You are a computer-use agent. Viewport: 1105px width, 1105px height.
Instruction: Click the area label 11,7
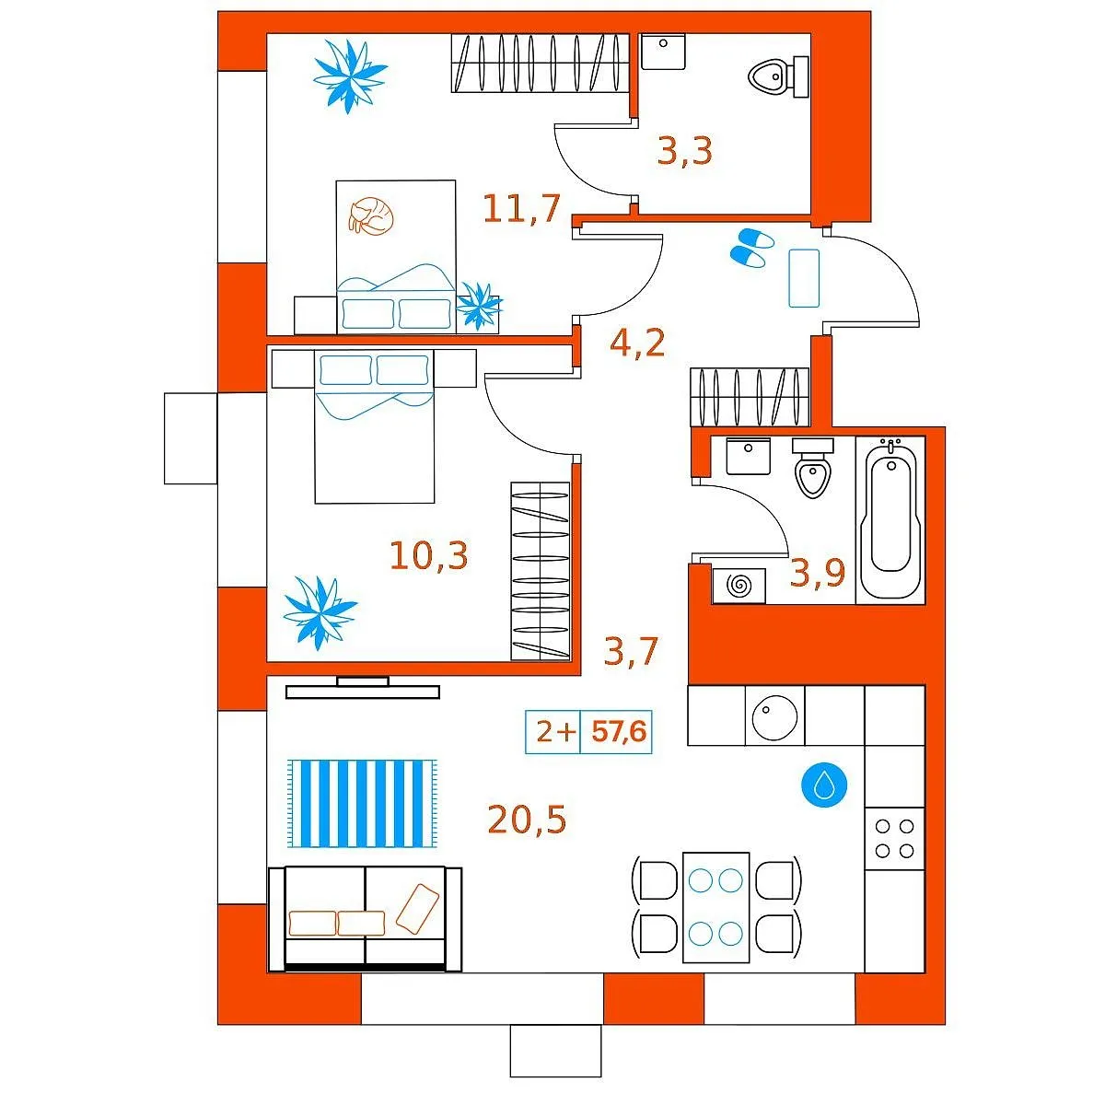point(521,209)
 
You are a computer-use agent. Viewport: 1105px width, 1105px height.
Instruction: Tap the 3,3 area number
point(684,151)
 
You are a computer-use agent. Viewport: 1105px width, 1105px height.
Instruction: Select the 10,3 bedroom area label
point(428,555)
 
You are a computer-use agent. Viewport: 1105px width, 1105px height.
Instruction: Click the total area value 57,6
point(619,731)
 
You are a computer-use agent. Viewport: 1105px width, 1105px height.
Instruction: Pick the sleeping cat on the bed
point(372,215)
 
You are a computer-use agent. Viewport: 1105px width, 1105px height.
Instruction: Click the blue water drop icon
point(824,784)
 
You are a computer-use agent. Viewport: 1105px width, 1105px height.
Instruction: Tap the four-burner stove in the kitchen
point(894,838)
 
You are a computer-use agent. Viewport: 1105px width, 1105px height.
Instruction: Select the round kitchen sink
point(774,716)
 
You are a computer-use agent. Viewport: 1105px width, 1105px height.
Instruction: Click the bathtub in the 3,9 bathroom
point(890,520)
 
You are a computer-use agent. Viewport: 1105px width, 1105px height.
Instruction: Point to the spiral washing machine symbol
point(739,586)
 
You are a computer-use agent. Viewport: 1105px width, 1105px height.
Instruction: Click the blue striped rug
point(362,803)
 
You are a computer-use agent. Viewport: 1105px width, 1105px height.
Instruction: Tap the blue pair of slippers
point(751,247)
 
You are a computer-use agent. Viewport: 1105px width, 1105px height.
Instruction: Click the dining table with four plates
point(715,907)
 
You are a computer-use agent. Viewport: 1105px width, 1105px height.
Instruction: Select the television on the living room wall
point(363,688)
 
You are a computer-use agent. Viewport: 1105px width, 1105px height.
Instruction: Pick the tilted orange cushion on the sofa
point(417,908)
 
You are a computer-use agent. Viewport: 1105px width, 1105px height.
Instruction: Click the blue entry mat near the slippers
point(804,278)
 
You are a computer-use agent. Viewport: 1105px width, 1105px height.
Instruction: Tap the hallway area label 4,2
point(637,343)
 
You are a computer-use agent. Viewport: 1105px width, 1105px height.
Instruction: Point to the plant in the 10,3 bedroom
point(320,612)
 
